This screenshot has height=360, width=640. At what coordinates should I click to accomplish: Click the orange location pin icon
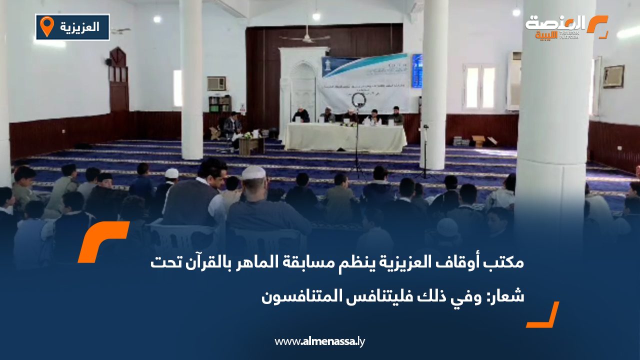[x=46, y=26]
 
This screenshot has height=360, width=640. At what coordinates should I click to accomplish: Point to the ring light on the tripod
[x=358, y=100]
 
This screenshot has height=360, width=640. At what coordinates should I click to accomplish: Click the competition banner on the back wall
[x=364, y=82]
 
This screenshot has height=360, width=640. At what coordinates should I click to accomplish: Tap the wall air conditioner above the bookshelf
[x=216, y=83]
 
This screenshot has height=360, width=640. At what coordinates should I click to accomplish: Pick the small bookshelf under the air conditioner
[x=220, y=104]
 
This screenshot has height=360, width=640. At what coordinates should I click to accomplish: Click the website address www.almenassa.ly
[x=320, y=341]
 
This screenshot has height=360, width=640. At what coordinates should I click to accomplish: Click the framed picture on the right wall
[x=613, y=76]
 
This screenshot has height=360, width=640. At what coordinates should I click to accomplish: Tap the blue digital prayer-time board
[x=416, y=71]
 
